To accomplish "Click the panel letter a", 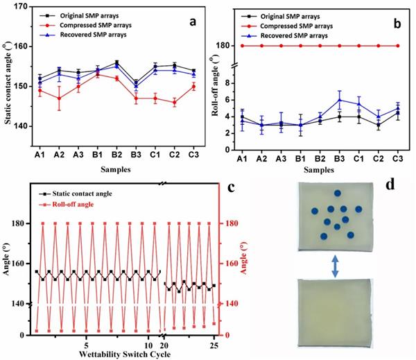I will (187, 22).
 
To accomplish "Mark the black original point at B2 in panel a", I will (116, 62).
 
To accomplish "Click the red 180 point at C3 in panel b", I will (398, 46).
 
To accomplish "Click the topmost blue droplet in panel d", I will (337, 194).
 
